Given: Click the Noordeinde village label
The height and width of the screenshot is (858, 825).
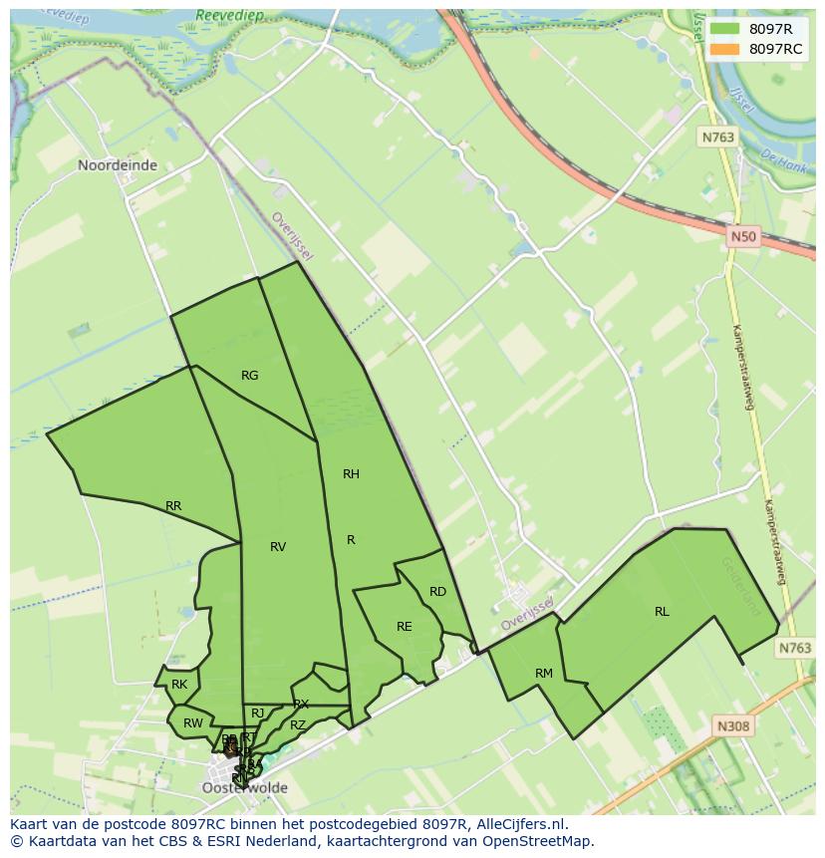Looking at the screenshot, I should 118,165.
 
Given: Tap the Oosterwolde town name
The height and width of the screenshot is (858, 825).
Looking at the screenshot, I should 245,787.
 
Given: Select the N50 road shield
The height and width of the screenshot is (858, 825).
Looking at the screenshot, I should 742,236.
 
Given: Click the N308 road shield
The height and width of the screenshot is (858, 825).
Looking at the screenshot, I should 732,727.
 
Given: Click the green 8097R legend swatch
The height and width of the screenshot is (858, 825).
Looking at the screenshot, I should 725,30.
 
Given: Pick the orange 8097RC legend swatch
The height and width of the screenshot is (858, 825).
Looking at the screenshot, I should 725,49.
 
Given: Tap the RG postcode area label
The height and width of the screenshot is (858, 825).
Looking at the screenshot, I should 250,376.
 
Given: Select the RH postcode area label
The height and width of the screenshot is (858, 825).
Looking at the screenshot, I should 351,474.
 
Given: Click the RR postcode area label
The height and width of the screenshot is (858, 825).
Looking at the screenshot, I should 173,506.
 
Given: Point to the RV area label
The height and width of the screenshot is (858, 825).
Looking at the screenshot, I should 278,547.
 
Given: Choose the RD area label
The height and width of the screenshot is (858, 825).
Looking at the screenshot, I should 437,592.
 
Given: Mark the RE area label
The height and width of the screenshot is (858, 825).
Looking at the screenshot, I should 404,627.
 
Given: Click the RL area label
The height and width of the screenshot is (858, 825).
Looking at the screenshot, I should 662,612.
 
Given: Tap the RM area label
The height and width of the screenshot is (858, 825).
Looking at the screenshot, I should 543,674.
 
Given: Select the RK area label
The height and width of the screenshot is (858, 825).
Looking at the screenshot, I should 179,685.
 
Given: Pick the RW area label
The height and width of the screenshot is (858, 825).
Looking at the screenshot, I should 192,723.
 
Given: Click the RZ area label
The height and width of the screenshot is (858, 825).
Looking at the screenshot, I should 298,726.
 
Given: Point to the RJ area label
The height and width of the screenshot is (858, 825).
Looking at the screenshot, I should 257,713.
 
